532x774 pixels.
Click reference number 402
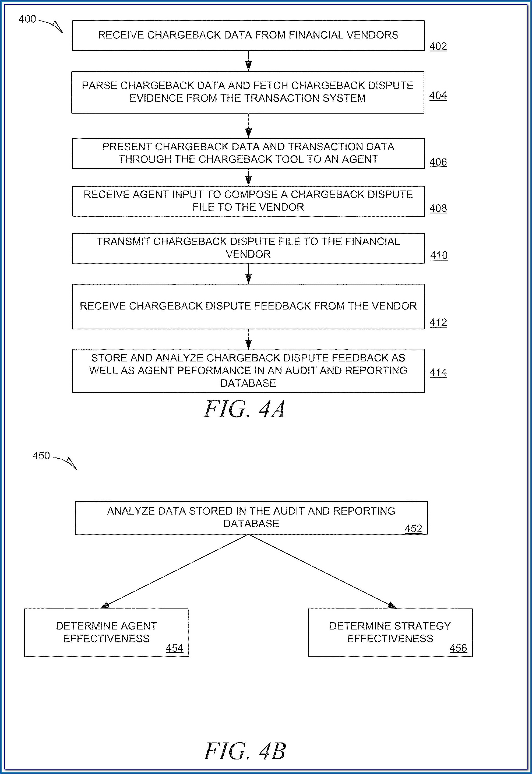438,46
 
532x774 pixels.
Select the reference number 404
438,96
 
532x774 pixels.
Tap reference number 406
438,162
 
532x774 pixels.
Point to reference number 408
438,208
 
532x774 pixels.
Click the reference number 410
439,256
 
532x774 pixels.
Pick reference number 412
438,323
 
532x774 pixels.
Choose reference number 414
438,373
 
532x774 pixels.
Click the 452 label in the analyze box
413,528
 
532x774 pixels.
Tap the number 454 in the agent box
174,648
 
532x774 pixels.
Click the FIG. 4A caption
245,409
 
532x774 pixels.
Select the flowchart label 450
41,455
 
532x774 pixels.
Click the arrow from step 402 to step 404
248,61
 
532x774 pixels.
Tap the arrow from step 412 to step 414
248,339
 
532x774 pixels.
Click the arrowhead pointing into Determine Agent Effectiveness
105,605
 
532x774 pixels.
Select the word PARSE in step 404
99,86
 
